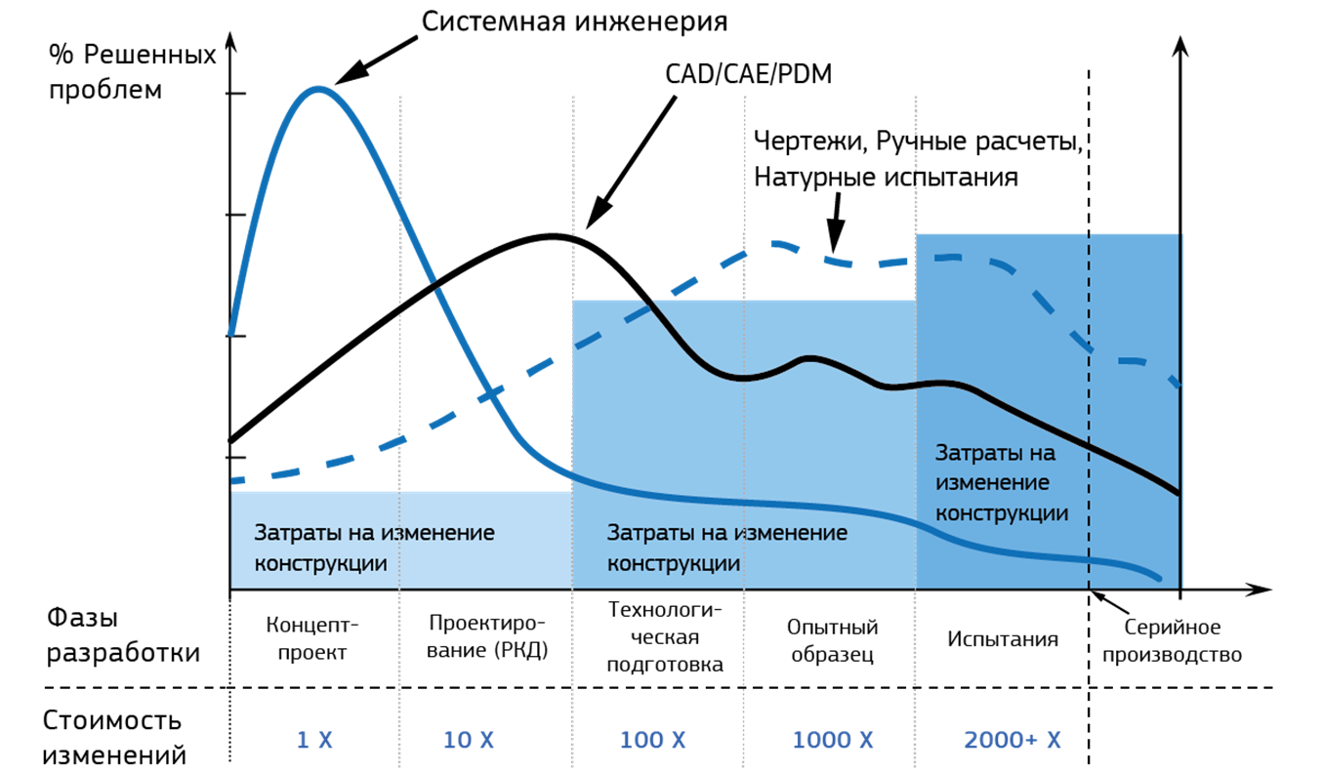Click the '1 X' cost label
pos(314,741)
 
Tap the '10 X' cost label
pos(469,741)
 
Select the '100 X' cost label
pos(653,741)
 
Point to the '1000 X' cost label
pos(833,741)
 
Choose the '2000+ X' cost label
pos(1013,741)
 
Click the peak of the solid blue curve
pos(317,89)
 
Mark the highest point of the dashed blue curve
pos(771,242)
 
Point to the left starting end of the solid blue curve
pos(231,332)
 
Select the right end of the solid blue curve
pos(1161,579)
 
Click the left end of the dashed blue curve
pos(233,480)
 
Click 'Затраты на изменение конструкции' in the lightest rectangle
pos(375,549)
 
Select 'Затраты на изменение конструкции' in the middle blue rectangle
pos(727,549)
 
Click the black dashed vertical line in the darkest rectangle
pos(1089,410)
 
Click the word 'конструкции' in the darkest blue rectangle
pos(1002,513)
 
